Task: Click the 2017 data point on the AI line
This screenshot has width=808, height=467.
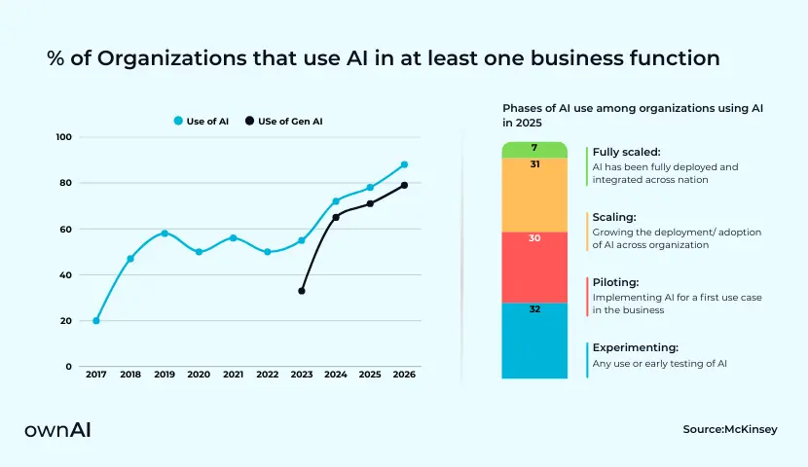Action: coord(95,321)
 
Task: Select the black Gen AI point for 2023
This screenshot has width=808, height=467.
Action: coord(302,291)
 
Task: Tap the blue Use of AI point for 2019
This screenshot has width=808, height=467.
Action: coord(165,233)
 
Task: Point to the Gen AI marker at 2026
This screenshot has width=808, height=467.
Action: coord(404,185)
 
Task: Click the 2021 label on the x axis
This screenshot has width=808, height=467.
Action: coord(234,375)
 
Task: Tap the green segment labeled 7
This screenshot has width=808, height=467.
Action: coord(534,149)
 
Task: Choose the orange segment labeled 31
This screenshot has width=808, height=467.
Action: coord(534,195)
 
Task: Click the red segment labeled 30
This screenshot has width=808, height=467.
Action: coord(534,267)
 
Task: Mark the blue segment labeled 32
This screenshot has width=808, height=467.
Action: coord(534,341)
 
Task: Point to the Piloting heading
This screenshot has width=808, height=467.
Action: coord(615,282)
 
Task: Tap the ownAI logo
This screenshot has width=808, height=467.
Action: coord(57,429)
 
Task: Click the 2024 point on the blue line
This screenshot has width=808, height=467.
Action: coord(336,201)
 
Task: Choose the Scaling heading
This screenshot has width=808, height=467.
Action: coord(614,217)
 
